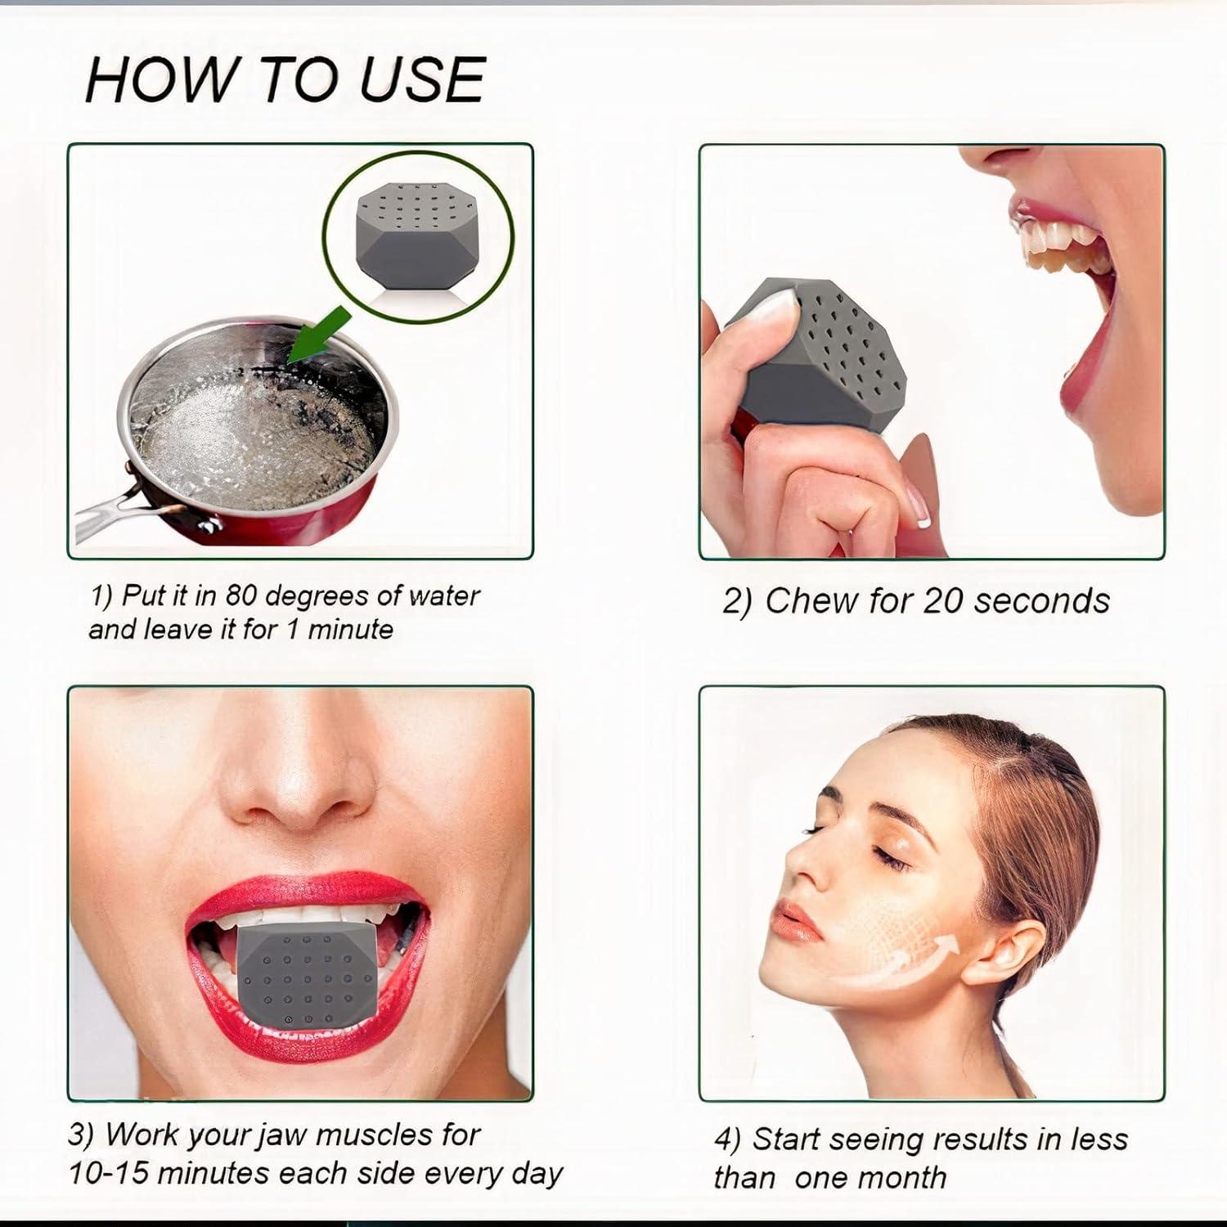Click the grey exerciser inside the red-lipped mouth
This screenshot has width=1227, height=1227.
[306, 973]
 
